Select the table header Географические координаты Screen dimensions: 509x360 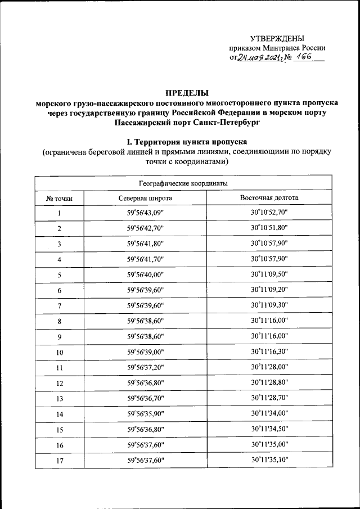pyautogui.click(x=183, y=183)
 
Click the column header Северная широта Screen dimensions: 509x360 pyautogui.click(x=145, y=199)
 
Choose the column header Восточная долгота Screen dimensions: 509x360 pyautogui.click(x=269, y=199)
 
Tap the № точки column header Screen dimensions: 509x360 pyautogui.click(x=59, y=199)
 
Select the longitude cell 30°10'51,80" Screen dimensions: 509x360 pyautogui.click(x=269, y=228)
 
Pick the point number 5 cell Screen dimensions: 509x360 pyautogui.click(x=59, y=275)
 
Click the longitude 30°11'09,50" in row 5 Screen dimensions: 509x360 pyautogui.click(x=269, y=275)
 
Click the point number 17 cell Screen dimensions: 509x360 pyautogui.click(x=59, y=460)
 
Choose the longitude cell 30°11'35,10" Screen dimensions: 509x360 pyautogui.click(x=269, y=460)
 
